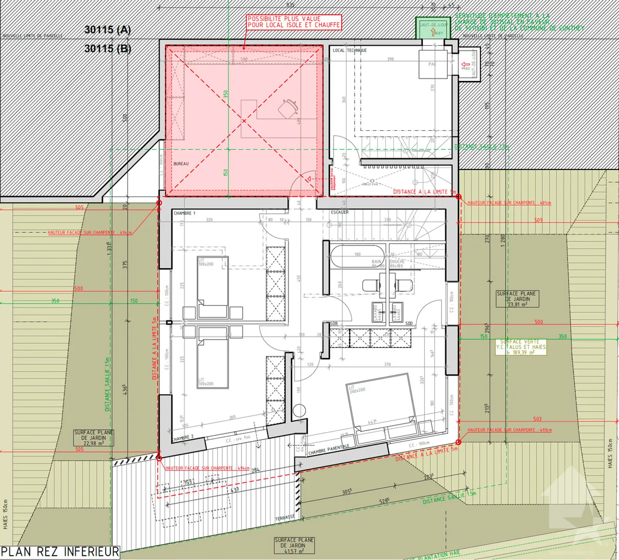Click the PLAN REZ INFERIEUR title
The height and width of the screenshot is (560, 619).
[60, 552]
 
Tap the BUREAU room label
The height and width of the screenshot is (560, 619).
[181, 164]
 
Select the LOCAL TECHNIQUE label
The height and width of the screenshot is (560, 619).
[349, 50]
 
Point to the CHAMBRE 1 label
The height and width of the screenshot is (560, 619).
[184, 213]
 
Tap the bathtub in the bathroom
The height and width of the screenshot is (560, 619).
[358, 257]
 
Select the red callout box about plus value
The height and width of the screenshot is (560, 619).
[294, 22]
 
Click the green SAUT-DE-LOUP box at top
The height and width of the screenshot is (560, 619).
[433, 28]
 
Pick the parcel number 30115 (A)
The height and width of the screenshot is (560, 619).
[107, 30]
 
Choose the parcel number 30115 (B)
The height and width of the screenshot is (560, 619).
[107, 49]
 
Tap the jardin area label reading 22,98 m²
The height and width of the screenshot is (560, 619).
[93, 438]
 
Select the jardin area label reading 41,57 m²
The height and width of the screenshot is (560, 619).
[294, 545]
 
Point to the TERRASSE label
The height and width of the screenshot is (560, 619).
[285, 518]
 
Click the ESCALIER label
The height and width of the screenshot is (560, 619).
[340, 212]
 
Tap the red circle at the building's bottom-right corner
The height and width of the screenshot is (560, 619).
[458, 442]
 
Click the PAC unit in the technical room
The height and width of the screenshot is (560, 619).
[433, 64]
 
